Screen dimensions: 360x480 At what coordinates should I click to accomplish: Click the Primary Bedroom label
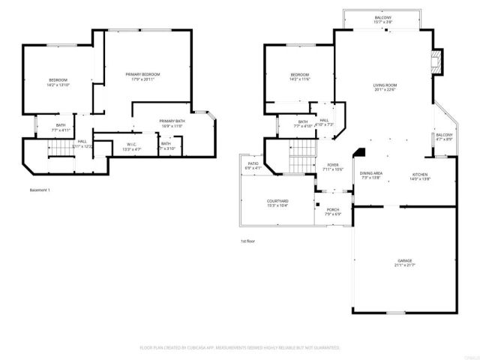[142, 74]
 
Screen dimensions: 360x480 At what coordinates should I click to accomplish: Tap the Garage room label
[404, 260]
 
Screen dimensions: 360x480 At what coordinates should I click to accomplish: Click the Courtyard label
[277, 201]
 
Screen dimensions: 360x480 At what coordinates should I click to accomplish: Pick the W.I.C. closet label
[131, 144]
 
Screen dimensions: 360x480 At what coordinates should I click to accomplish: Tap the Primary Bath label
[171, 121]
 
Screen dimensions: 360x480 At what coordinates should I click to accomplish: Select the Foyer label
[332, 165]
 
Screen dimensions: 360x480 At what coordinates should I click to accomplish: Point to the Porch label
[331, 209]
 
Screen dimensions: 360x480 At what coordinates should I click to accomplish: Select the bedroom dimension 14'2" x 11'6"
[299, 79]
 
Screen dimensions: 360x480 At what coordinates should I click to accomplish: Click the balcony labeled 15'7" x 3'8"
[383, 22]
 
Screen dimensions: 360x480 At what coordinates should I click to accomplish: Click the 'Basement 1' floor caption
[40, 190]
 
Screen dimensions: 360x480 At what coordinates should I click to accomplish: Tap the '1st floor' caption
[248, 241]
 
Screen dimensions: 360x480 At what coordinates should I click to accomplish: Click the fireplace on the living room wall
[436, 64]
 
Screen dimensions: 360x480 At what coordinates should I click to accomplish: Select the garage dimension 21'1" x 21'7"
[404, 265]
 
